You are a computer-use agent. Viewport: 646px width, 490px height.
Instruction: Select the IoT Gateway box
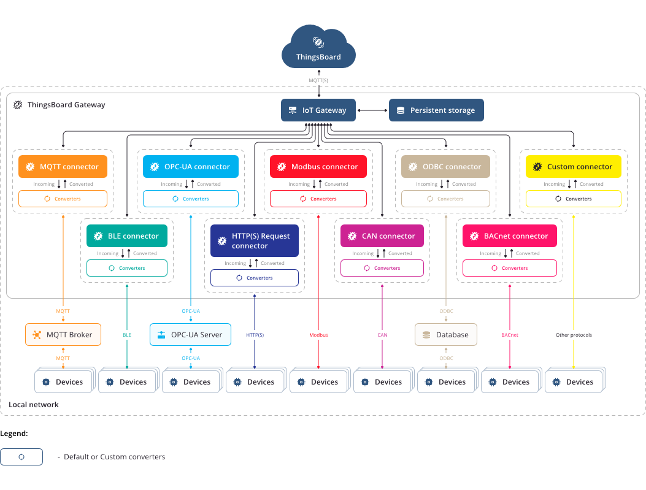[x=318, y=110]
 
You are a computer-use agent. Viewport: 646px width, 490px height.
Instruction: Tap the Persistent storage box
[x=436, y=110]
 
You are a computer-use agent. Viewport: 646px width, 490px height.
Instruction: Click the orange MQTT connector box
[x=63, y=166]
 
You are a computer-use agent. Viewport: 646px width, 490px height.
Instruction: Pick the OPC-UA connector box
[x=191, y=166]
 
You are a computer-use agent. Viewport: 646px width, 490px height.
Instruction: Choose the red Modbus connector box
[x=318, y=166]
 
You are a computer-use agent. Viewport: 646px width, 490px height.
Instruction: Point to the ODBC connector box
[x=445, y=166]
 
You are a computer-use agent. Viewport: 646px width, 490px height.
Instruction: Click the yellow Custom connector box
[x=573, y=166]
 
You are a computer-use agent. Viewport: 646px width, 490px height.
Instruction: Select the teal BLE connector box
[x=126, y=235]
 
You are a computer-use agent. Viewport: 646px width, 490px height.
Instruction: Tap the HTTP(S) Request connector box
[x=254, y=240]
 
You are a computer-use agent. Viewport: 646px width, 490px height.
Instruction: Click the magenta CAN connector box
[x=382, y=235]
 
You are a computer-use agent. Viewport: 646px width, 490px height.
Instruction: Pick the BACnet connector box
[x=509, y=235]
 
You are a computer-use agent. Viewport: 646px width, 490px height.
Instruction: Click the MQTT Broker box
[x=63, y=334]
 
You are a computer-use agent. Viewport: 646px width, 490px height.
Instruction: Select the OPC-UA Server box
[x=191, y=334]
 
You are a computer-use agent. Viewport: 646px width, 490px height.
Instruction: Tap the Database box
[x=445, y=334]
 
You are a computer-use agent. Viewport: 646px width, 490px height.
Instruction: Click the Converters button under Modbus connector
[x=318, y=199]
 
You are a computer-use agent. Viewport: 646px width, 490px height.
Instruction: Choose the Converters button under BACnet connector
[x=509, y=268]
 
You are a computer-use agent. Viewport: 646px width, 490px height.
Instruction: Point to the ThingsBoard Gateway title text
[x=66, y=105]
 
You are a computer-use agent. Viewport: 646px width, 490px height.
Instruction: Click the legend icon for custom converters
[x=21, y=457]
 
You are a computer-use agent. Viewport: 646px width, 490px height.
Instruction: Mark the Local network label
[x=34, y=405]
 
